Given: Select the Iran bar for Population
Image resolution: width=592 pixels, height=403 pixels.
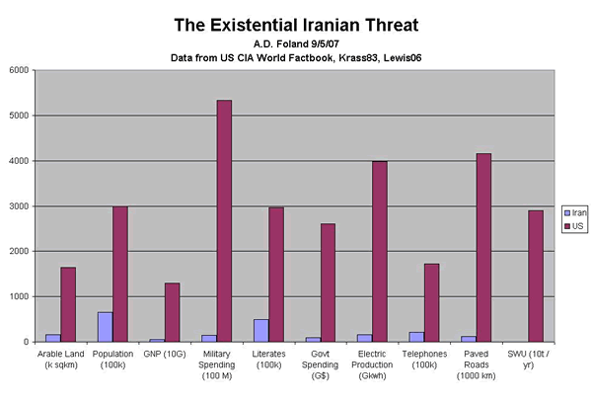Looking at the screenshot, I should (106, 327).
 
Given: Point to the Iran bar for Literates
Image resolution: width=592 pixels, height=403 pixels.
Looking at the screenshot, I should (259, 330).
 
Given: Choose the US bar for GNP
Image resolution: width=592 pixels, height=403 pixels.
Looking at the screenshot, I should (172, 312).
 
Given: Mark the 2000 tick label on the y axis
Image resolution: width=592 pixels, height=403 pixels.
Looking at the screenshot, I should (20, 252).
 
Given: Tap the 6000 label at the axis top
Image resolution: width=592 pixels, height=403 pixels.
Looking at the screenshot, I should (20, 70).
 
